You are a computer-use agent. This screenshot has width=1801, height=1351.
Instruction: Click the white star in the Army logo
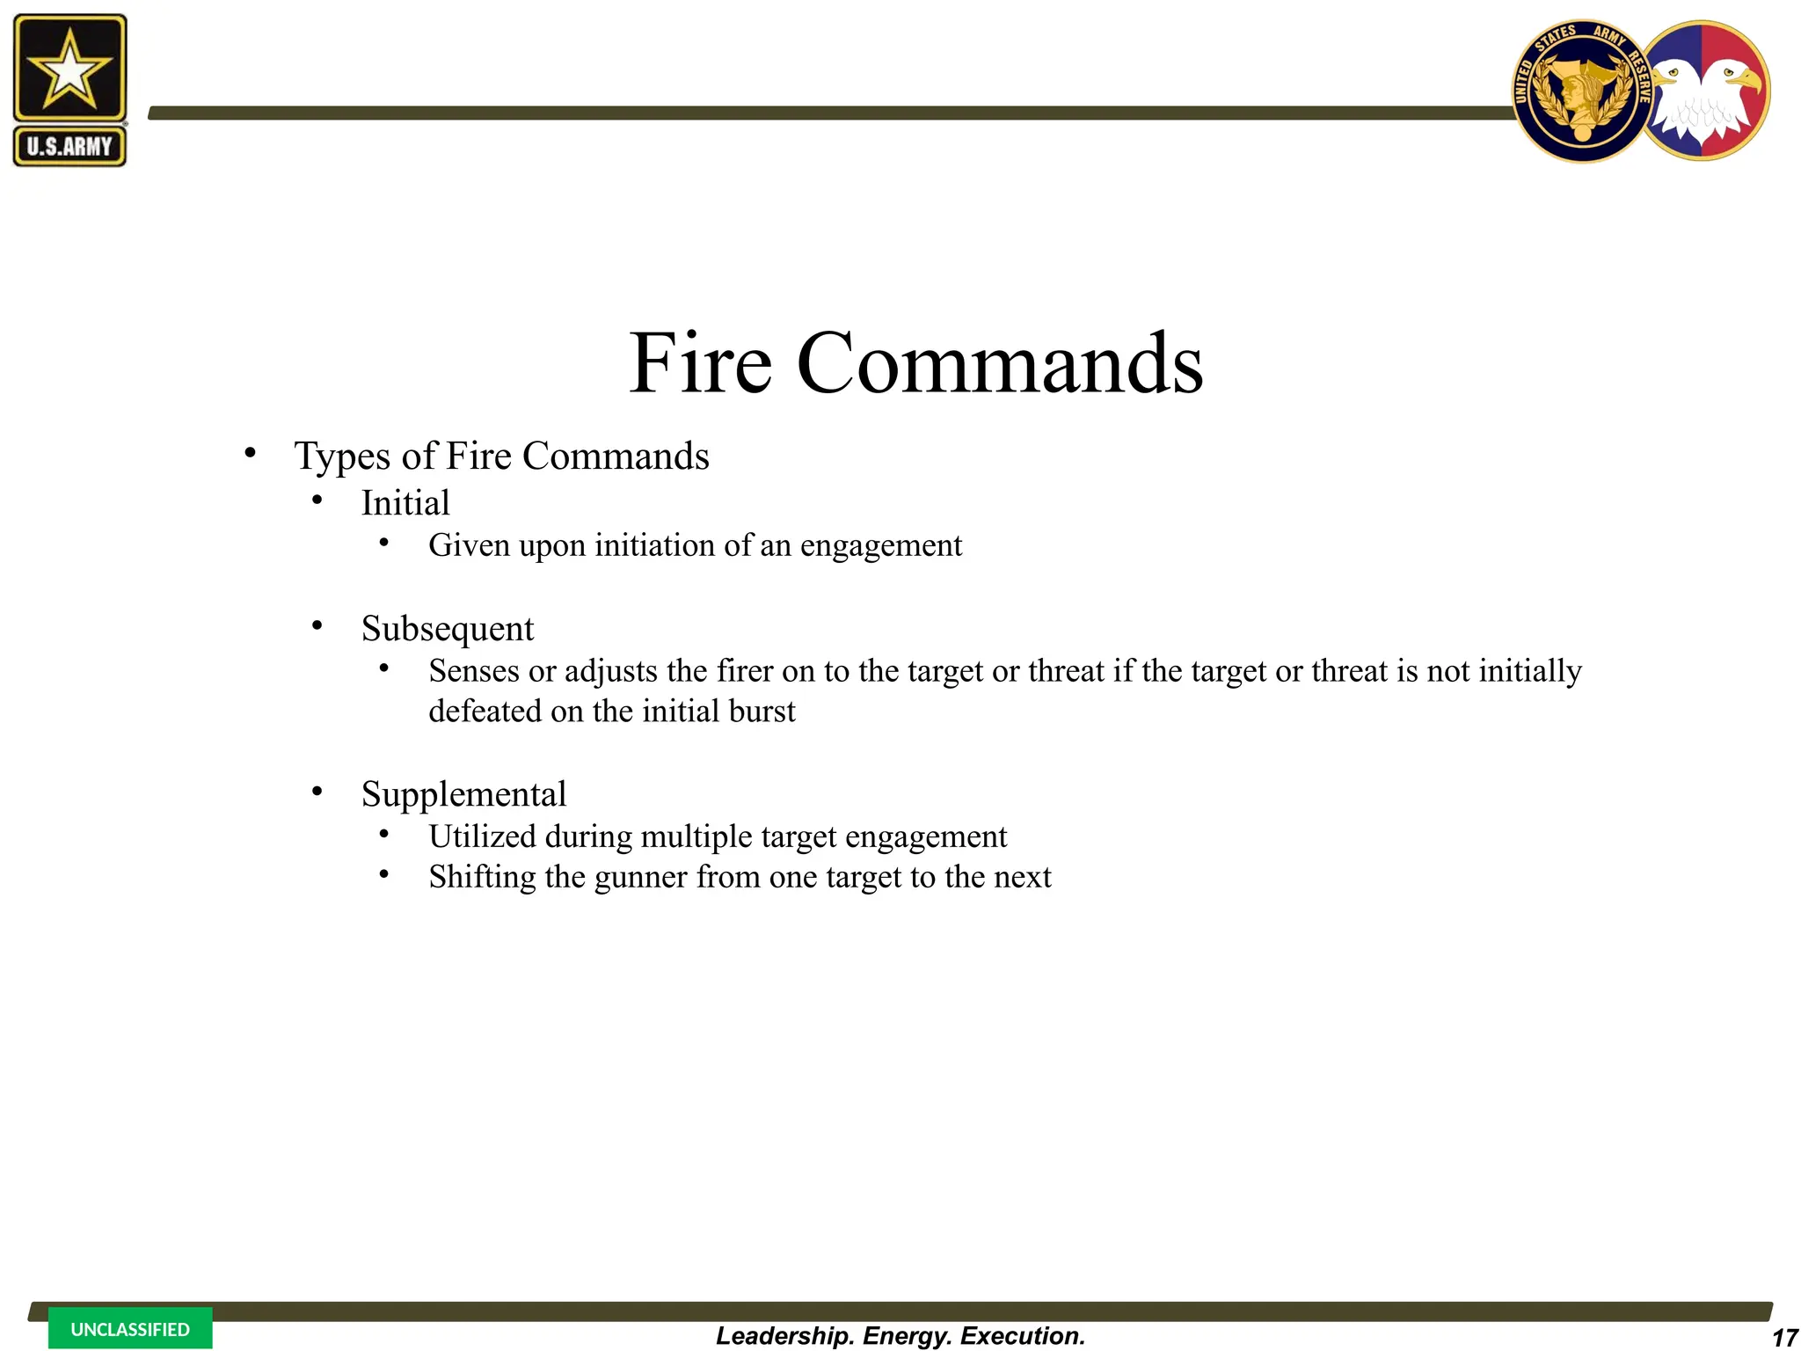coord(69,69)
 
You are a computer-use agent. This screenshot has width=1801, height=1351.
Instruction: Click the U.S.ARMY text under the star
coord(69,146)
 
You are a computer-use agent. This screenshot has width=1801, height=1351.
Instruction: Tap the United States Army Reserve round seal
coord(1580,91)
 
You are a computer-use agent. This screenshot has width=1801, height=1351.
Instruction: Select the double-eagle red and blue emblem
coord(1706,91)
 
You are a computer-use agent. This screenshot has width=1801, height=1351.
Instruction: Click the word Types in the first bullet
coord(342,456)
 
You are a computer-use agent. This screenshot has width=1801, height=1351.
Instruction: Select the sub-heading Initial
coord(405,503)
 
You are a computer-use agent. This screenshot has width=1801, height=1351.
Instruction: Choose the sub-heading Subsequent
coord(448,629)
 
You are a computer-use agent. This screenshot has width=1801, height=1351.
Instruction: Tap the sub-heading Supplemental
coord(463,794)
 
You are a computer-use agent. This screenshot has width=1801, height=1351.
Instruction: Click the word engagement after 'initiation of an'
coord(881,546)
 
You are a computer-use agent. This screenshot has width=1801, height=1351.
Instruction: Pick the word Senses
coord(474,671)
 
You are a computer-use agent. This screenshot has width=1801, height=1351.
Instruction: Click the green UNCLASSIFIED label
coord(130,1329)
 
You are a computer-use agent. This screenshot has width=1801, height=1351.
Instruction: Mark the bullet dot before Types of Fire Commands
coord(251,454)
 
